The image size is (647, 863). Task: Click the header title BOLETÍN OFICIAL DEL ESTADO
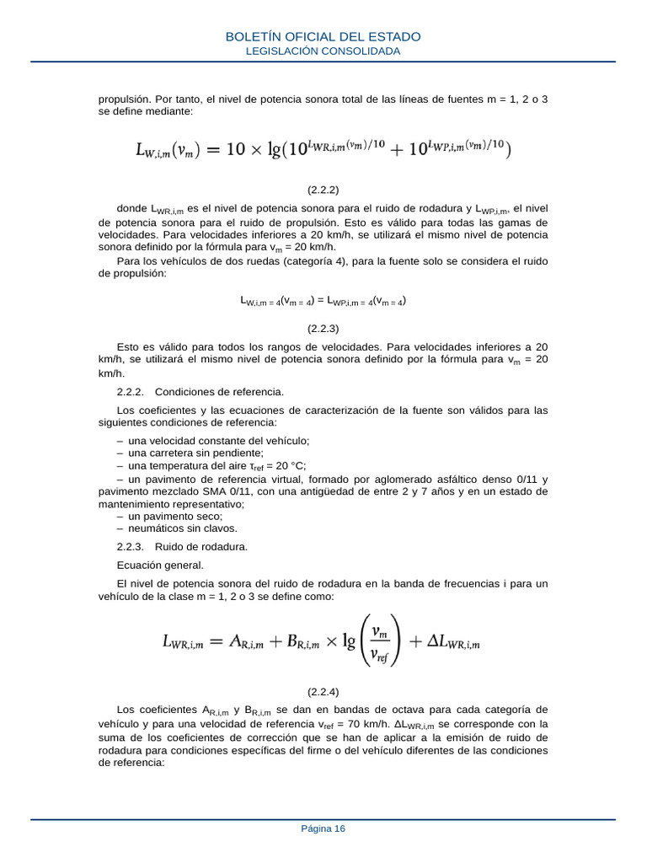pos(323,37)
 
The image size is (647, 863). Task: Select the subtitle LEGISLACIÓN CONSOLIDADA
pos(323,51)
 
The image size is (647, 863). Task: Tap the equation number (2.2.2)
pos(323,190)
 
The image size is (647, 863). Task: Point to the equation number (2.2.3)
pos(323,328)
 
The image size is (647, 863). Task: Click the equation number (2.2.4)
pos(323,692)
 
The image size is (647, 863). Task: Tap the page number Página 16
pos(323,828)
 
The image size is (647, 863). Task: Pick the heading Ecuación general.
pos(160,565)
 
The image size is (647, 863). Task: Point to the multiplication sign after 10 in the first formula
pos(253,150)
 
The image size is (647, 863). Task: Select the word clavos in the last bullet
pos(222,528)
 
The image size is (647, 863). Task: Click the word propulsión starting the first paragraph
pos(124,99)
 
